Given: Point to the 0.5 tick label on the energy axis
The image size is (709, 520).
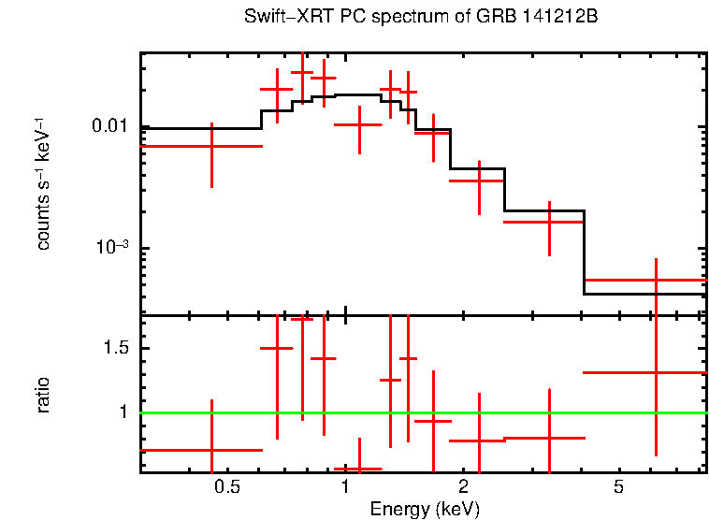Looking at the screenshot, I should (x=227, y=487).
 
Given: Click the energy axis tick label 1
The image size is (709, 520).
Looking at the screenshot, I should (x=345, y=487).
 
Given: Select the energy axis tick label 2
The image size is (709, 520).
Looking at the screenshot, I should (x=464, y=487).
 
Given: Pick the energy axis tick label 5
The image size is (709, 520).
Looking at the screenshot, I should (x=618, y=487).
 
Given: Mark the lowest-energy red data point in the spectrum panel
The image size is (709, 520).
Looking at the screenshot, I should (x=211, y=146).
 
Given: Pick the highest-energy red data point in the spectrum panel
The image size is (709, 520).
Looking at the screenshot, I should (x=656, y=280).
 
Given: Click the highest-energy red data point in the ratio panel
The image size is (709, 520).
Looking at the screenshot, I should (x=656, y=372).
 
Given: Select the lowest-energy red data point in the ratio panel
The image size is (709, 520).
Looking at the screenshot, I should (x=211, y=450).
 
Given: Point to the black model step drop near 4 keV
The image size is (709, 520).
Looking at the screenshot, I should (x=584, y=253).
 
